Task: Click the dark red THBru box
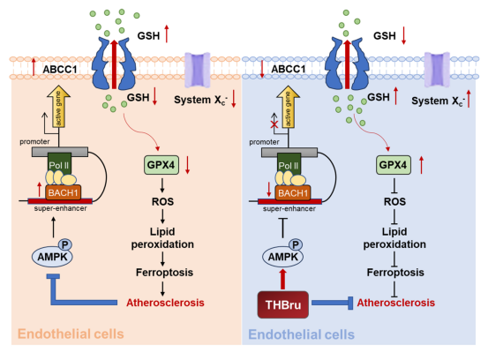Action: (x=283, y=304)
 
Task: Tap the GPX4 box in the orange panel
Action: (x=161, y=165)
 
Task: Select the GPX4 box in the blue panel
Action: (x=393, y=165)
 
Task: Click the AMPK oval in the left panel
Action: (x=52, y=257)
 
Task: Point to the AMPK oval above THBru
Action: (x=282, y=257)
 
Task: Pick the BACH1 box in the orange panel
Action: (x=63, y=192)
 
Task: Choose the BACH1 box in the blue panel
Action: (x=293, y=193)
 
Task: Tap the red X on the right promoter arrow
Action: (x=274, y=124)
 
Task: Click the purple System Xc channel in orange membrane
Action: (x=198, y=70)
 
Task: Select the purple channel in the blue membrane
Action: (x=437, y=70)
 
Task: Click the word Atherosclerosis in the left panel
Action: (x=165, y=303)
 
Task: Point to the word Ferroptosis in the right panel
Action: (x=395, y=273)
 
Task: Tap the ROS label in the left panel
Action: (x=162, y=202)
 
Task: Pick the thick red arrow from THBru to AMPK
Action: (x=282, y=279)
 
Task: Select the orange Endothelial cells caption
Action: (x=71, y=334)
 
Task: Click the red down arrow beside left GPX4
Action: (x=187, y=165)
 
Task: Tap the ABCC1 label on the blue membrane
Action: (x=289, y=69)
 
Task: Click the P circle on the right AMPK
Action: (x=296, y=245)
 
